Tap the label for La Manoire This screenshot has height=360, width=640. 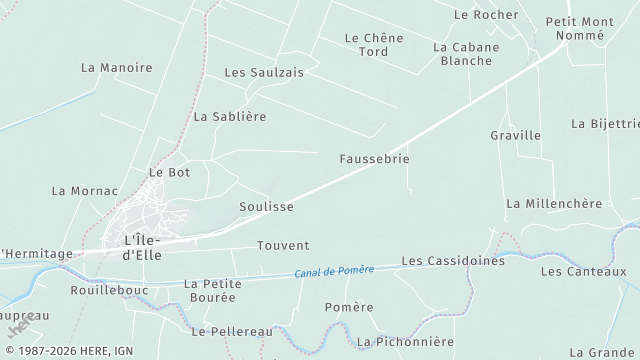tap(116, 68)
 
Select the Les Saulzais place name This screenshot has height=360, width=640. tap(264, 73)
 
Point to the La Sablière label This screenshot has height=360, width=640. tap(230, 117)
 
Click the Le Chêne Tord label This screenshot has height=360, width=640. tap(373, 45)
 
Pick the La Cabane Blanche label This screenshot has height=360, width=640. tap(463, 53)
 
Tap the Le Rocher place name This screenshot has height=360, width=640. tap(486, 15)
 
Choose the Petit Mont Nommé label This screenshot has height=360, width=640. tap(580, 28)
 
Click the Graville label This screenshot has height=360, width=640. tap(515, 135)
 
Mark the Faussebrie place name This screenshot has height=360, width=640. tap(374, 159)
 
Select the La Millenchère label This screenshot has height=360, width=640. tap(554, 204)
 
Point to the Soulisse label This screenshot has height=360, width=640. tap(266, 207)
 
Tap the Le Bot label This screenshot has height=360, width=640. tap(169, 172)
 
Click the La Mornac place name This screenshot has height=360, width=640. tap(84, 191)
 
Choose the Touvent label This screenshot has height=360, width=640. tap(283, 246)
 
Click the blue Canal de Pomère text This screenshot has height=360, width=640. tap(334, 271)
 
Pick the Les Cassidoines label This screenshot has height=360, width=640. tap(453, 261)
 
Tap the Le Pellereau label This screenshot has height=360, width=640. tap(231, 331)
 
